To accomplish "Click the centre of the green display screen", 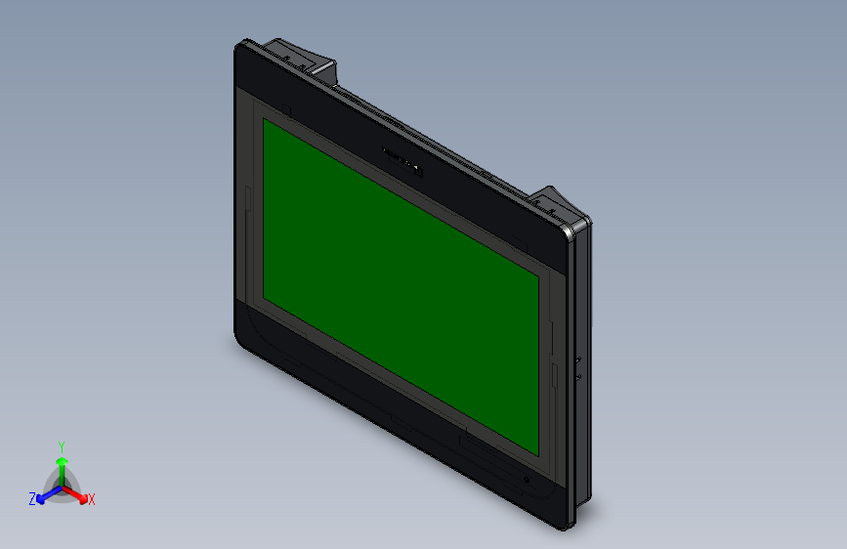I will [401, 287].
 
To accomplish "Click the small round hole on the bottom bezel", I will [528, 480].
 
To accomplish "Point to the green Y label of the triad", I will [62, 445].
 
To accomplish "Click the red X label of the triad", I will [92, 500].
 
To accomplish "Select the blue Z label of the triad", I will [32, 499].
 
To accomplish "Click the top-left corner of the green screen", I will [263, 120].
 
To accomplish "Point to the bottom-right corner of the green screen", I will [538, 455].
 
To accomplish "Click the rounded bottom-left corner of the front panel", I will [240, 338].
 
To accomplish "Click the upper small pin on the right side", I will [578, 360].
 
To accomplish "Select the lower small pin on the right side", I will [578, 375].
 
